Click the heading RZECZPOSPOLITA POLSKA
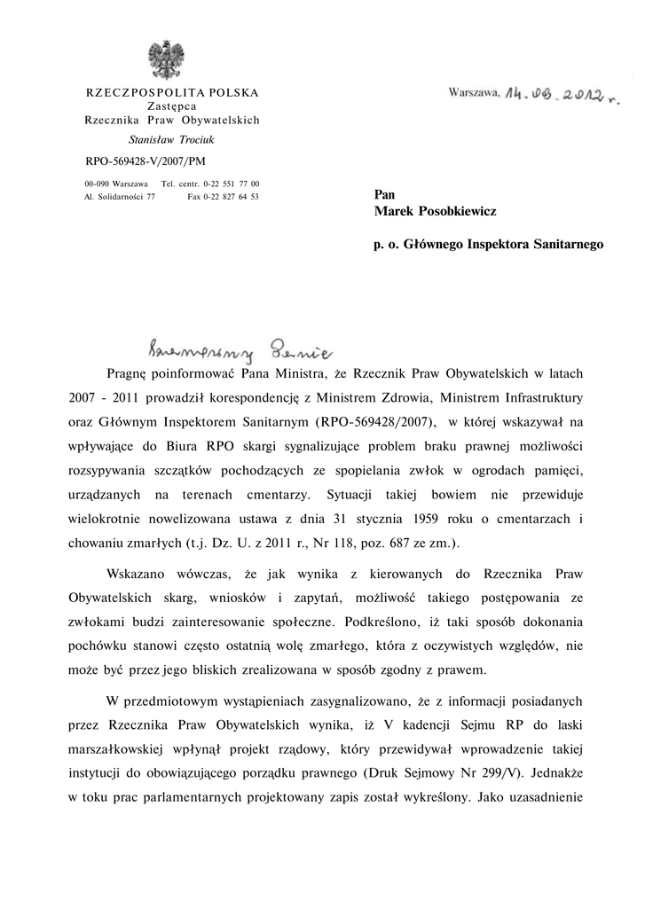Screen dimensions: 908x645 tap(171, 92)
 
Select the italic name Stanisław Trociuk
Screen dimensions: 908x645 tap(171, 139)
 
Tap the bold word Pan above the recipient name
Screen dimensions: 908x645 tap(385, 194)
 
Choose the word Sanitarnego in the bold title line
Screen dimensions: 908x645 tap(565, 242)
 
